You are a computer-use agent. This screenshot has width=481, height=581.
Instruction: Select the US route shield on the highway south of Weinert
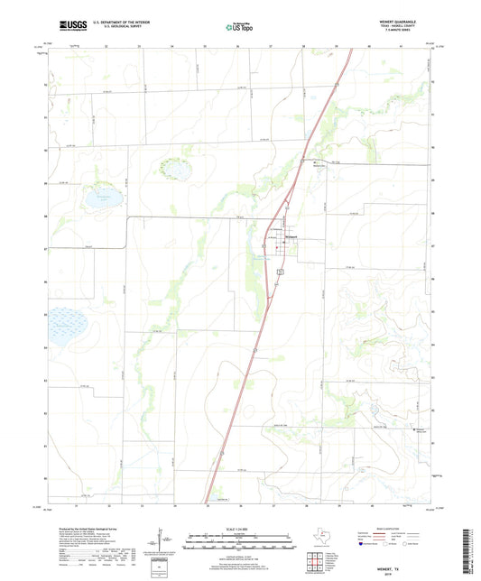point(282,270)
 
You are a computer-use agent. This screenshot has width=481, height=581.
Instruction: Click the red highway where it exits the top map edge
point(347,50)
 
